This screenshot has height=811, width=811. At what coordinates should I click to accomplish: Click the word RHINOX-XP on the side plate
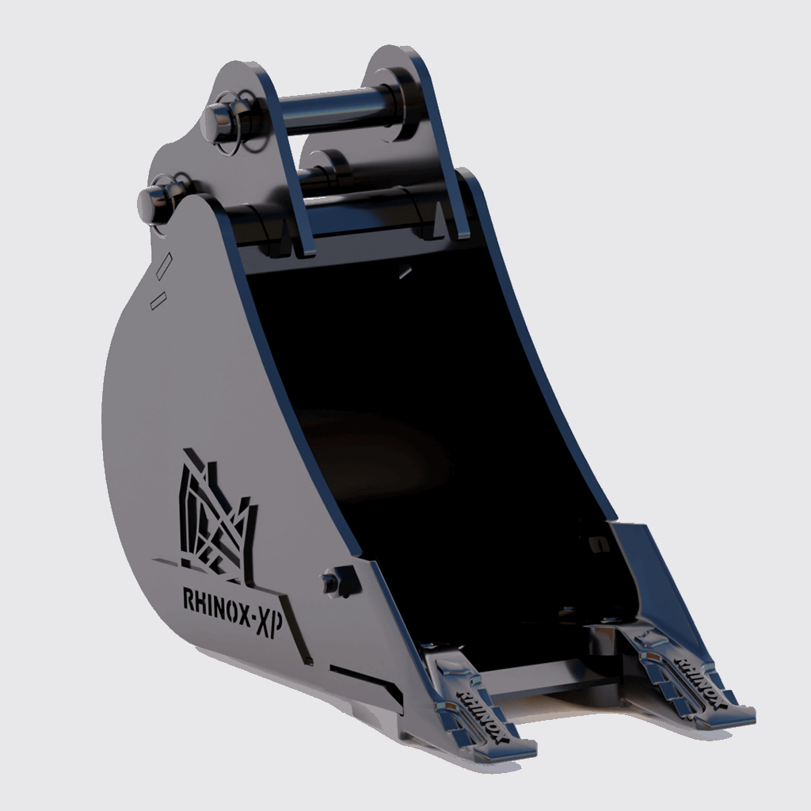pos(234,611)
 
